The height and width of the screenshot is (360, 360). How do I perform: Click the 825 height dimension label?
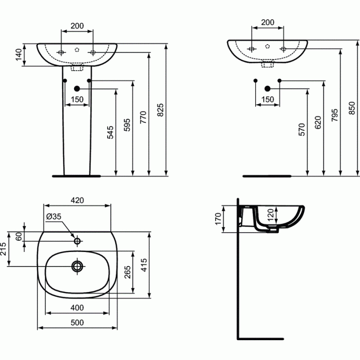click(x=161, y=110)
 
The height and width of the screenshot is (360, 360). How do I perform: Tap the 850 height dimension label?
click(x=351, y=108)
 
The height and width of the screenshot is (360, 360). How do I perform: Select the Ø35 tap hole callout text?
click(x=54, y=216)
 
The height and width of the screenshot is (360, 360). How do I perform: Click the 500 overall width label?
click(x=77, y=323)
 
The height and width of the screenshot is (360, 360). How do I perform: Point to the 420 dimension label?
click(x=77, y=200)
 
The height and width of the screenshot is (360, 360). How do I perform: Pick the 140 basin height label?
click(x=19, y=54)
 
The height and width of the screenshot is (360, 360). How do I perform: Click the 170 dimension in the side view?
click(x=218, y=219)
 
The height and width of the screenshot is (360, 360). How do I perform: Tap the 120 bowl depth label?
click(x=270, y=215)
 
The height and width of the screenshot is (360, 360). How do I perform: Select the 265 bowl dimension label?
click(x=127, y=272)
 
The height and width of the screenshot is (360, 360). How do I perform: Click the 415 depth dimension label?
click(x=144, y=265)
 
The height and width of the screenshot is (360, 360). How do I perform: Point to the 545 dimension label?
click(x=110, y=132)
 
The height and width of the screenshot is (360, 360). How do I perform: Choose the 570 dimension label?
click(x=301, y=130)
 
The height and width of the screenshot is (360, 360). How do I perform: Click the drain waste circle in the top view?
click(x=77, y=266)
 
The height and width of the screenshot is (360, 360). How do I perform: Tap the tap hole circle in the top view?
click(x=77, y=241)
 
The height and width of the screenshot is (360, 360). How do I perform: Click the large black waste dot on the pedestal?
click(x=77, y=89)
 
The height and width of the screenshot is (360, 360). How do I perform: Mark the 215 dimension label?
click(x=4, y=249)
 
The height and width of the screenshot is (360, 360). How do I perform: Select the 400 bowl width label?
click(x=77, y=308)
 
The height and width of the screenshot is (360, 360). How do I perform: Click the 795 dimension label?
click(x=335, y=115)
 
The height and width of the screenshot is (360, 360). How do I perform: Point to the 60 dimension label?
click(x=19, y=237)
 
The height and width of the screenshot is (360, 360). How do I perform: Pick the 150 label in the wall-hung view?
click(x=268, y=99)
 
